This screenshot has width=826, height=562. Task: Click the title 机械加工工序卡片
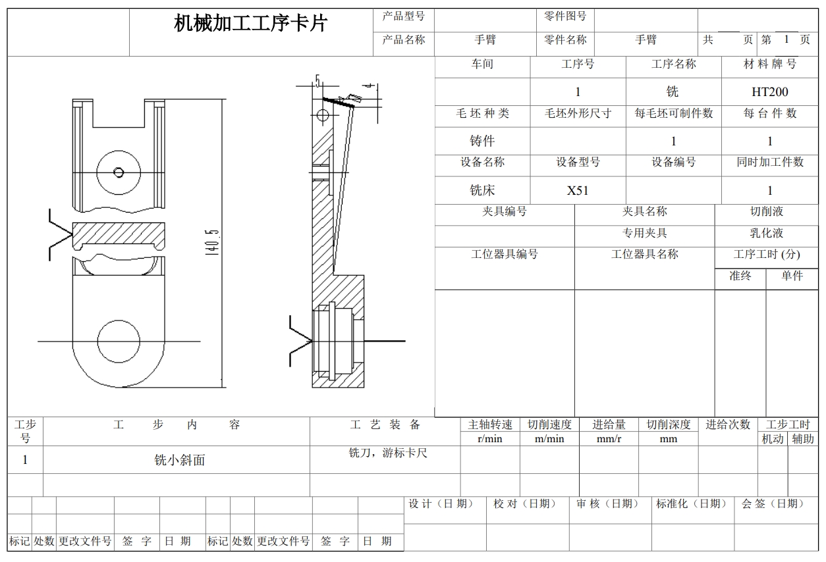click(x=250, y=24)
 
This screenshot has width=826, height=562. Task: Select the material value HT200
click(x=769, y=92)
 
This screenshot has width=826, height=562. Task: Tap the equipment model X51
click(x=578, y=191)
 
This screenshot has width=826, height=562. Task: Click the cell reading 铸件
click(x=482, y=141)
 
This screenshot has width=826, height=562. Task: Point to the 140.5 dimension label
click(x=212, y=243)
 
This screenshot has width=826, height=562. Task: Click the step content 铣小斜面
click(x=179, y=461)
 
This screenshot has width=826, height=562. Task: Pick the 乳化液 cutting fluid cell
click(x=766, y=234)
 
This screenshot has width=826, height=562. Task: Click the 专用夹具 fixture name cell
click(x=644, y=234)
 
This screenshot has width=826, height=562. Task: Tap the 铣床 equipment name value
click(x=482, y=191)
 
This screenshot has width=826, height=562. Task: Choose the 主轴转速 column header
click(x=489, y=425)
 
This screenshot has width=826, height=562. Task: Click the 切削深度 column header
click(x=668, y=425)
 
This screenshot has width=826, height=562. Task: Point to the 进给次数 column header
click(x=728, y=425)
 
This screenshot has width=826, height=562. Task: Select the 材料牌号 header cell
click(x=769, y=64)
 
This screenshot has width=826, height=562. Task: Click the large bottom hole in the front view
click(x=119, y=342)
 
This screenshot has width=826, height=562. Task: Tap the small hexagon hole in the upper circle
click(x=119, y=172)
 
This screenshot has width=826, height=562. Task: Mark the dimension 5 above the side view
click(x=318, y=81)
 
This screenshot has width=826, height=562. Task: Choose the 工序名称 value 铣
click(x=673, y=92)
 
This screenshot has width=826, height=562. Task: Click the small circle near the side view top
click(x=322, y=116)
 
